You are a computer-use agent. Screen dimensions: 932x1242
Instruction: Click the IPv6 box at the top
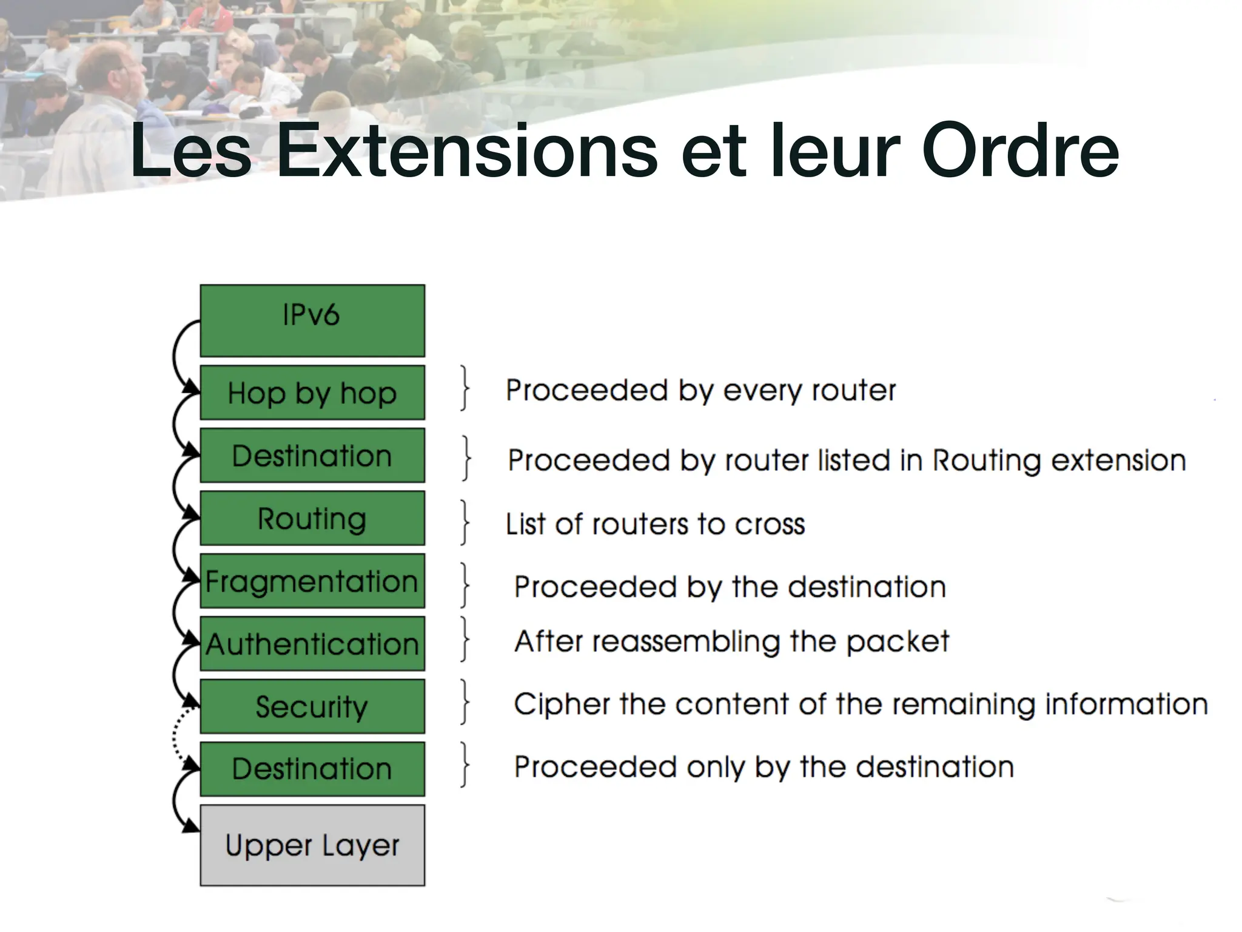tap(312, 320)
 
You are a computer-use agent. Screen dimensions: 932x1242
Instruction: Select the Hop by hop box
tap(312, 393)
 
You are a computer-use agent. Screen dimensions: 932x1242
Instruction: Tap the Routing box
tap(312, 518)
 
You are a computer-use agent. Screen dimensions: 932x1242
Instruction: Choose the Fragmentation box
tap(312, 581)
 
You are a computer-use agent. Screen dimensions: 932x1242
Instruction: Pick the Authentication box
tap(312, 644)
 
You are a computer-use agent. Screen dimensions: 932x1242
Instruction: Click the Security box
tap(312, 706)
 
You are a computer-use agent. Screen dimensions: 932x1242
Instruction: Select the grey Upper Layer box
tap(312, 845)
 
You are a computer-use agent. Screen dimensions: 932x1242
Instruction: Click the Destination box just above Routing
tap(312, 456)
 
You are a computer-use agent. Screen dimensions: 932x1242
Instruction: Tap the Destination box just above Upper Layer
tap(312, 769)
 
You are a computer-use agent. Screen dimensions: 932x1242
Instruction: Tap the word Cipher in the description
tap(562, 705)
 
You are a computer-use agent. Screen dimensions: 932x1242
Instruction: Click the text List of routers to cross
tap(655, 524)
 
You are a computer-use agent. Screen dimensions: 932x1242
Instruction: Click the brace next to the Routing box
tap(465, 522)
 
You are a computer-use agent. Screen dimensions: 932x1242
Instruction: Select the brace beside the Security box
tap(465, 702)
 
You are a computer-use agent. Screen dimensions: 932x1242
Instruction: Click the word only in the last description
tap(716, 768)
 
